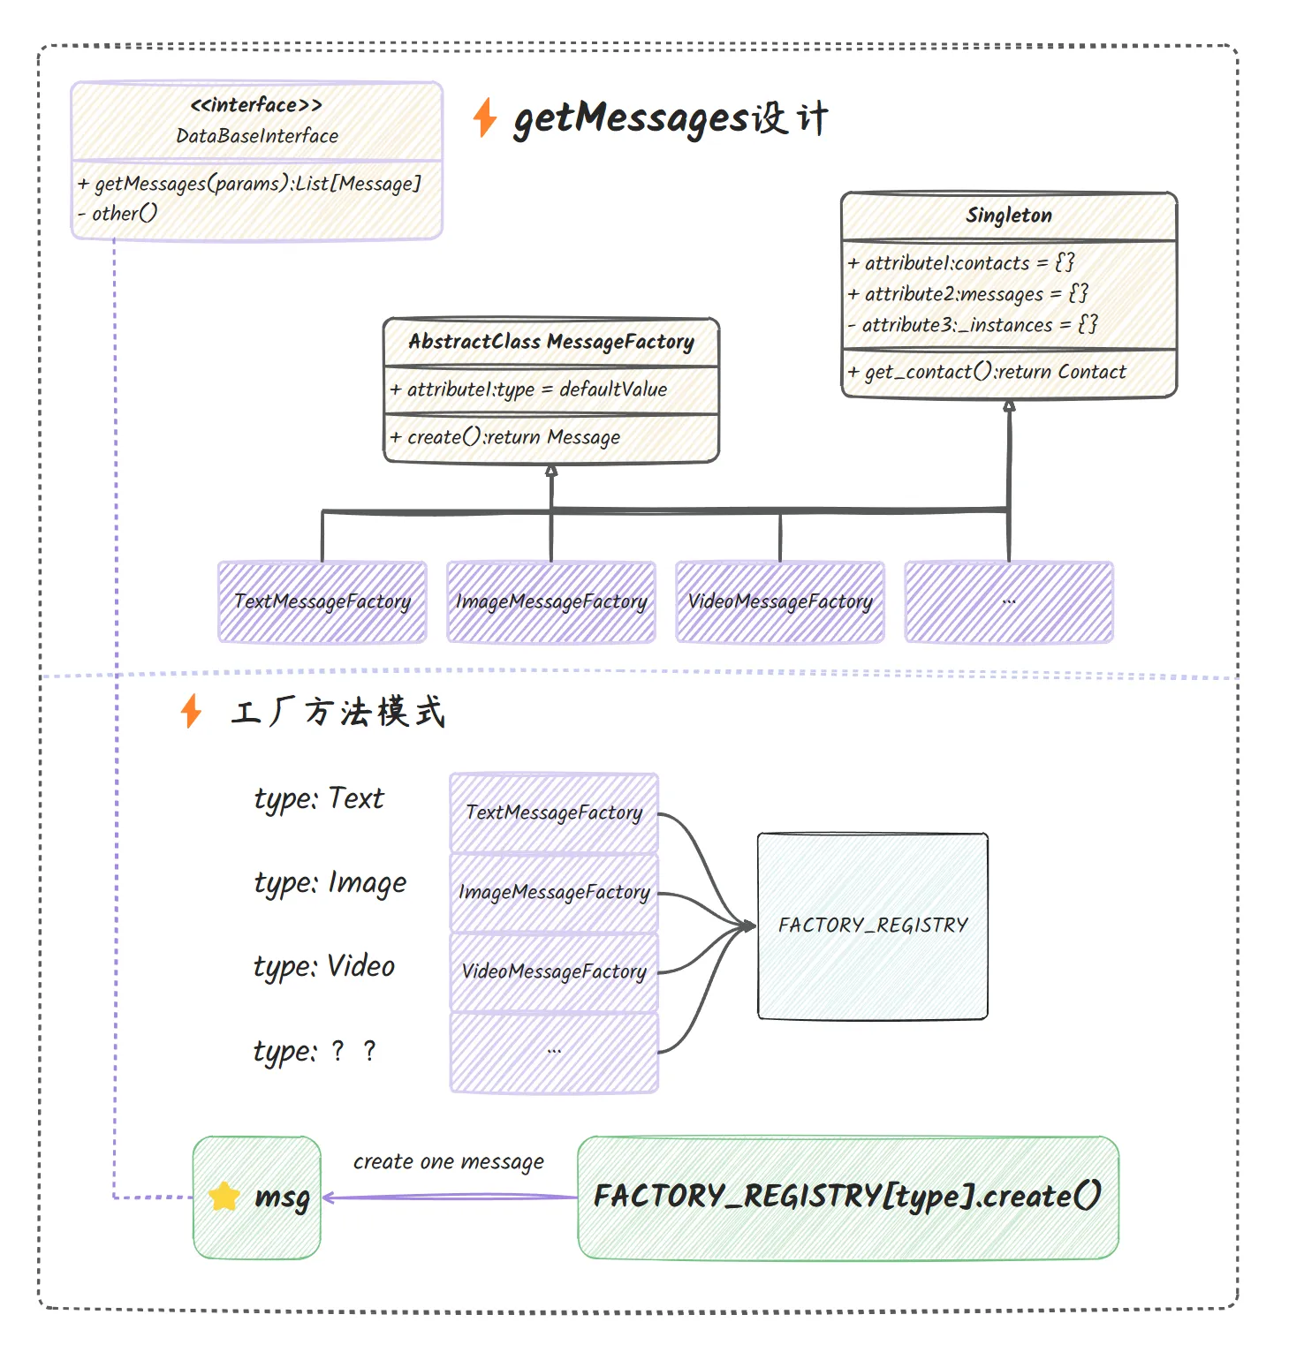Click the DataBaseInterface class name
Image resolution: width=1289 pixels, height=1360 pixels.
257,136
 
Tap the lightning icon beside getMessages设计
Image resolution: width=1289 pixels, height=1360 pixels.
485,117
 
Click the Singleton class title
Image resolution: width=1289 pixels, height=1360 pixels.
1009,215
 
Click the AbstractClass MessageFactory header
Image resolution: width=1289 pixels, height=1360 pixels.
551,342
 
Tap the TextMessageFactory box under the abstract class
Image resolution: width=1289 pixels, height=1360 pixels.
322,601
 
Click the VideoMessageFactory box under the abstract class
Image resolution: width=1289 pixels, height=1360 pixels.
780,601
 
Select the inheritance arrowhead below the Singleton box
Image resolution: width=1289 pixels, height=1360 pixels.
1009,406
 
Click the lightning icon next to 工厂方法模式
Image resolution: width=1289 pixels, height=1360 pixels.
191,711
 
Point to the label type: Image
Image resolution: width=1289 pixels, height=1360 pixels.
330,882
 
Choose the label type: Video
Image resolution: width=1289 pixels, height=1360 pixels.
324,966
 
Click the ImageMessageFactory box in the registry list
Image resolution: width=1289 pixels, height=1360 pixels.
554,892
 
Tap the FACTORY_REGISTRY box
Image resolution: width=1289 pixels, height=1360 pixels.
873,926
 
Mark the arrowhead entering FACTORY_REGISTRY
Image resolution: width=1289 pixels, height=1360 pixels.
750,926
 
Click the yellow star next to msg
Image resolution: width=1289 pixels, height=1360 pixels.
224,1197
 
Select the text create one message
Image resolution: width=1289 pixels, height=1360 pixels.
449,1161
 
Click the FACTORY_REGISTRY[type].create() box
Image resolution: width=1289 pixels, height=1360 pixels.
848,1197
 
